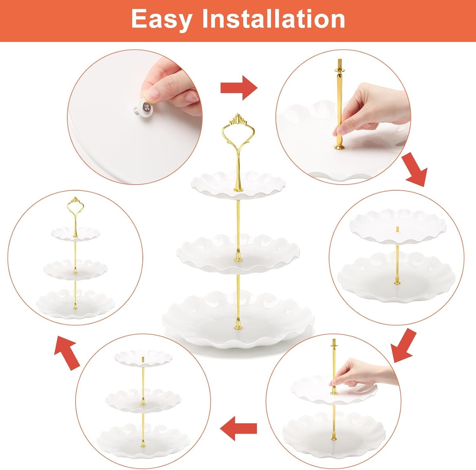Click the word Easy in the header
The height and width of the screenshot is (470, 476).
pyautogui.click(x=161, y=19)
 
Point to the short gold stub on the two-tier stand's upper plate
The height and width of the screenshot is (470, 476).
pyautogui.click(x=397, y=229)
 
